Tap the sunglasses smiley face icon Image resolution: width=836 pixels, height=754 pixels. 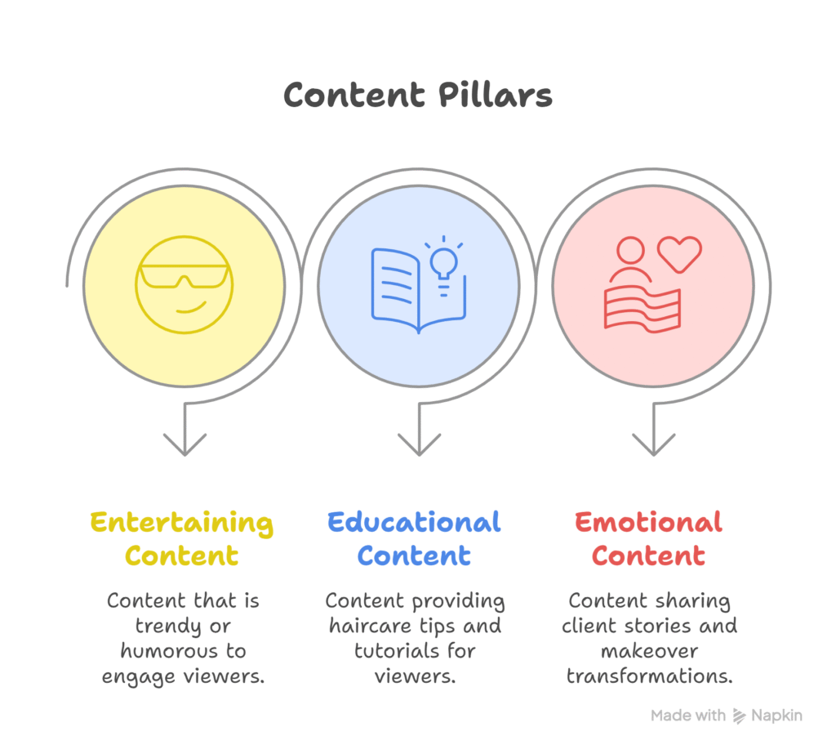185,284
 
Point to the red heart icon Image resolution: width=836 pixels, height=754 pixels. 679,254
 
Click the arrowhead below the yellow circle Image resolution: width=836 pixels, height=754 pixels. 185,444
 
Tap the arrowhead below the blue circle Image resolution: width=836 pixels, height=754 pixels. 419,444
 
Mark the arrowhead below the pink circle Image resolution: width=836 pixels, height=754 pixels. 653,444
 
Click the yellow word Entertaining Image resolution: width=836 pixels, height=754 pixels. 181,523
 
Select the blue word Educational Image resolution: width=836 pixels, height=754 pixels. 414,523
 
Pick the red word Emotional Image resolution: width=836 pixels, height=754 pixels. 648,523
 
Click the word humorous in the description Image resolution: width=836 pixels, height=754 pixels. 166,652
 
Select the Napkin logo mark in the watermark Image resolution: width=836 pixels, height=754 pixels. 740,716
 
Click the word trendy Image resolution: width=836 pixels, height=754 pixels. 161,627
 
